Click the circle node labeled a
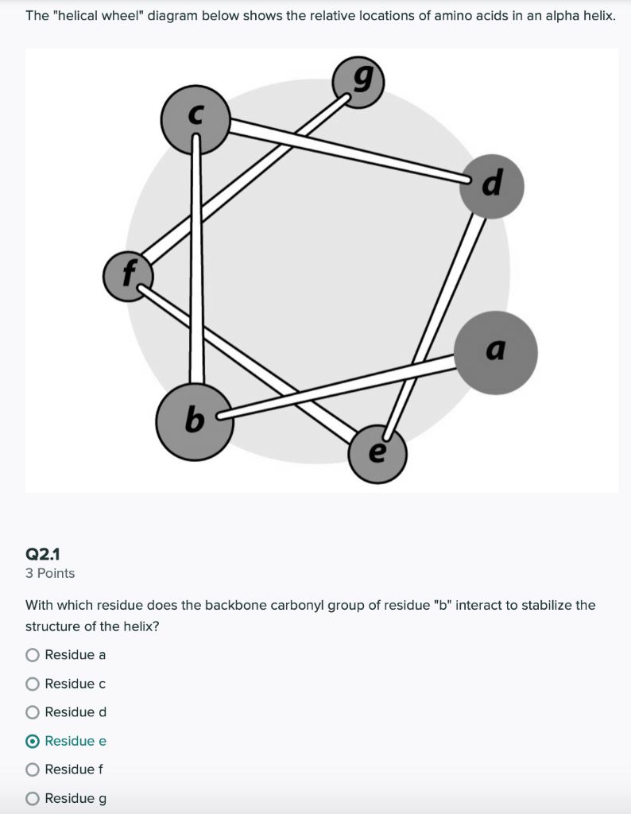[x=497, y=353]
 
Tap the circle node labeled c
[x=195, y=121]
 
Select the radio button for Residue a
[x=33, y=655]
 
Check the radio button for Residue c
[x=33, y=684]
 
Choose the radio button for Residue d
[x=33, y=712]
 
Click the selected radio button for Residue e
[x=33, y=741]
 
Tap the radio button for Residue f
[x=33, y=769]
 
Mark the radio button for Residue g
[x=33, y=798]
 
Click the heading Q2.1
[x=43, y=553]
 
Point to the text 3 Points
[x=50, y=573]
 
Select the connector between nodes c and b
[x=195, y=262]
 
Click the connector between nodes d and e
[x=436, y=318]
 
